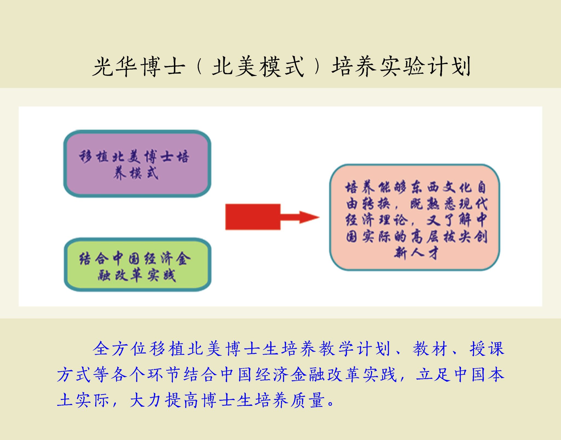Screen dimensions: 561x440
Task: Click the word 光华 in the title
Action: click(115, 67)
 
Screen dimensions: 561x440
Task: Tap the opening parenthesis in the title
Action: click(199, 67)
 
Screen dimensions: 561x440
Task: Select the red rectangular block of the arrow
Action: click(253, 217)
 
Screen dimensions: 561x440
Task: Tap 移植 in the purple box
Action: click(94, 157)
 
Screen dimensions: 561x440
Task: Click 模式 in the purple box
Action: click(144, 173)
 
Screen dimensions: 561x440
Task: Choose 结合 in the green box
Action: click(94, 258)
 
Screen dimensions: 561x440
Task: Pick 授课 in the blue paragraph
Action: click(487, 349)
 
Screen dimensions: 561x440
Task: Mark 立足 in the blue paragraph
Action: click(433, 374)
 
